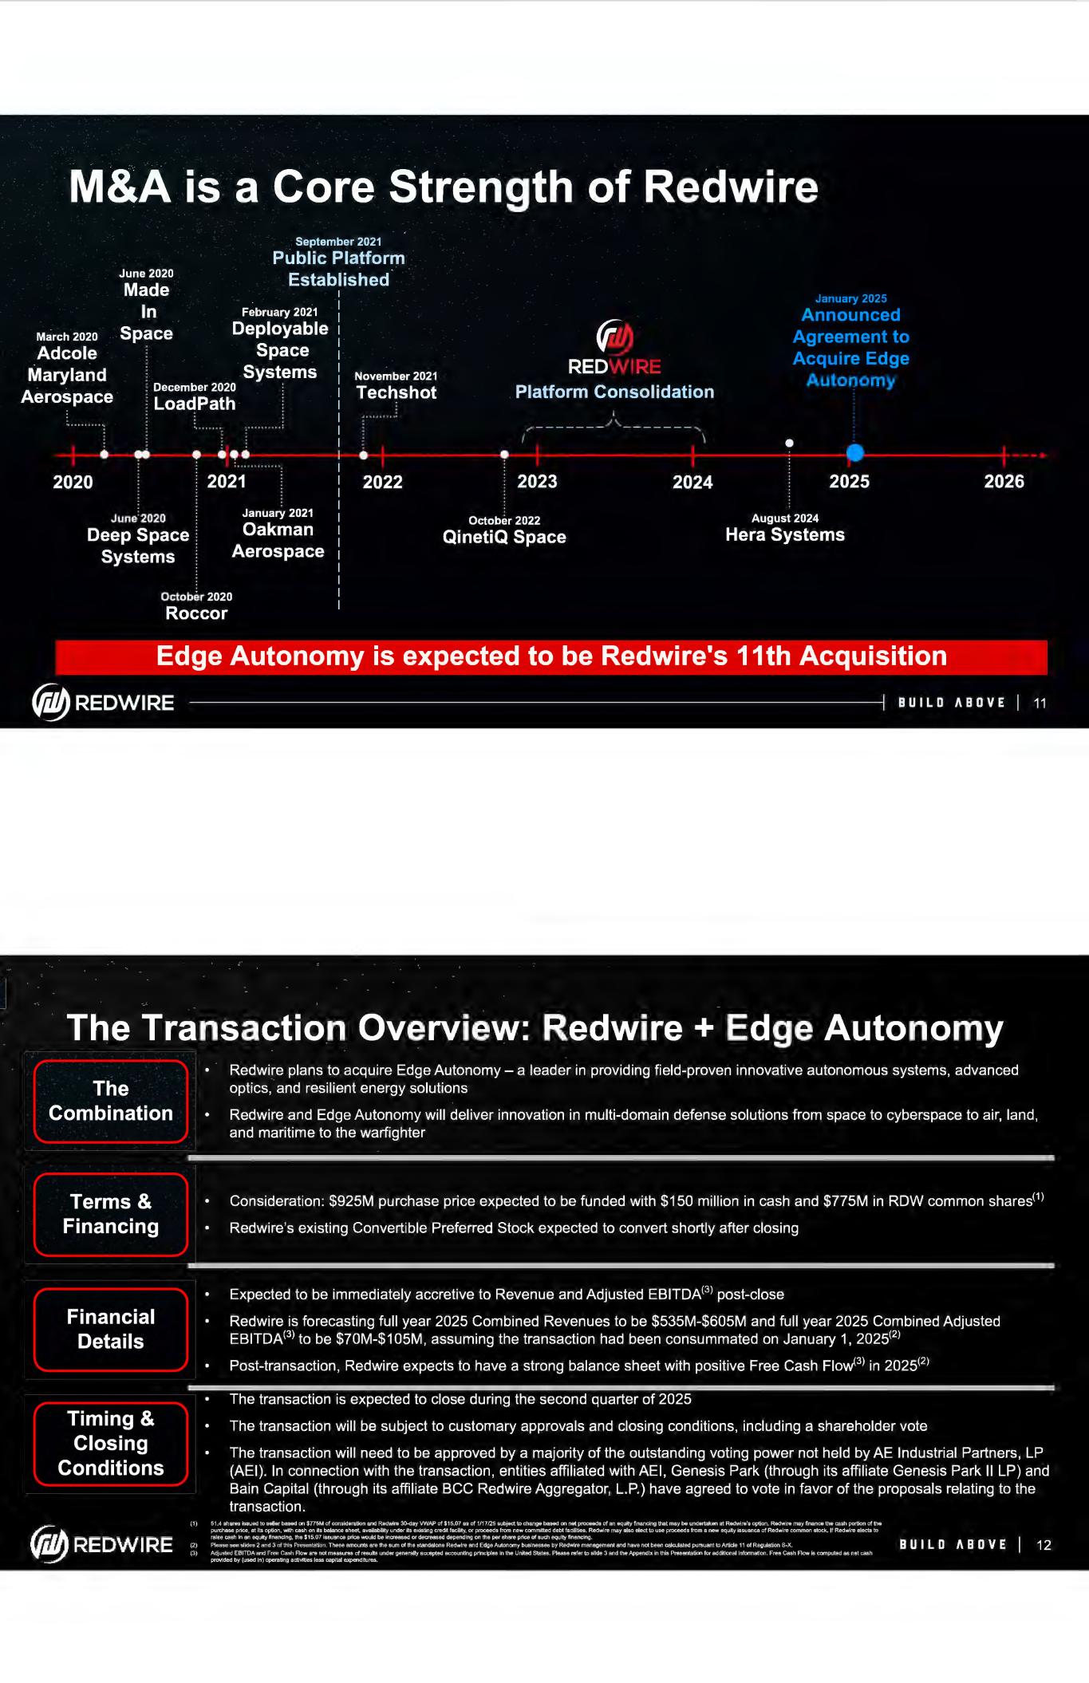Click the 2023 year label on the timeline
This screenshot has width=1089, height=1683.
click(537, 482)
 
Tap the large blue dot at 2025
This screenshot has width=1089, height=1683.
click(854, 453)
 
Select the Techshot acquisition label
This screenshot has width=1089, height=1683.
click(396, 392)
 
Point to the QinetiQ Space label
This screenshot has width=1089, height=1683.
click(504, 537)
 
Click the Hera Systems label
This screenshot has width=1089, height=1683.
click(784, 534)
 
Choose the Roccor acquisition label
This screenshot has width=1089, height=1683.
click(196, 613)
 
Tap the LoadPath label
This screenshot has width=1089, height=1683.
click(195, 404)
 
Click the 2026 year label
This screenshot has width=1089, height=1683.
click(1004, 482)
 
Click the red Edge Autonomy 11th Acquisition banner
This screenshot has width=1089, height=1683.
click(551, 656)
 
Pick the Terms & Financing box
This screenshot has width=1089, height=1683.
click(111, 1214)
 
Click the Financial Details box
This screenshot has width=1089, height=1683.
click(111, 1329)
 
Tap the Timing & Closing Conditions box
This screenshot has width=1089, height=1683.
click(111, 1443)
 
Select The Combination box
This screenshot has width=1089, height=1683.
click(111, 1101)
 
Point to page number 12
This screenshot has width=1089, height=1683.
click(1044, 1545)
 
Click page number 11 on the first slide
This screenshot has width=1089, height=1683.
click(1040, 703)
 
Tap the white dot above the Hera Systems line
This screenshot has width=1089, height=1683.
click(789, 443)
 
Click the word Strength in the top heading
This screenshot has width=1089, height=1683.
click(480, 187)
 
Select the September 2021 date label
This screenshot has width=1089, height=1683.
click(338, 242)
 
